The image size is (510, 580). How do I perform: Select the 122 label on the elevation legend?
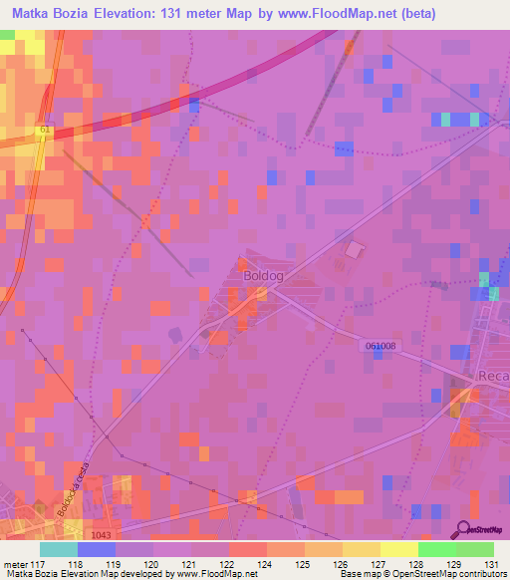pos(210,564)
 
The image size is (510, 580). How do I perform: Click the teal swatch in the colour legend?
pos(59,549)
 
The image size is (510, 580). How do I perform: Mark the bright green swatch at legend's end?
pos(474,549)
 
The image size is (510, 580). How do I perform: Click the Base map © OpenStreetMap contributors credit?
pos(421,574)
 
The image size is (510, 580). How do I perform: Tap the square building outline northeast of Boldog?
pos(353,249)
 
